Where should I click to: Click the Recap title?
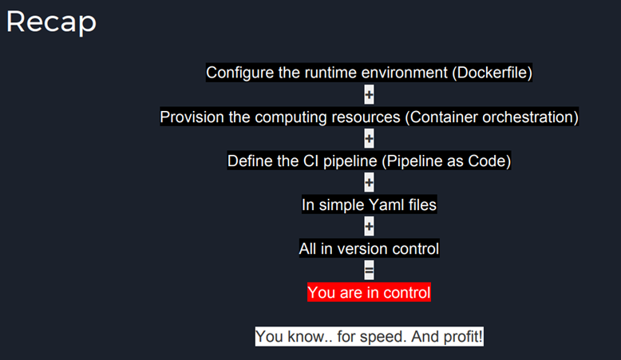pos(52,22)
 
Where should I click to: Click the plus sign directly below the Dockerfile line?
pos(369,95)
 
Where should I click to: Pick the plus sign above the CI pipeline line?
pos(369,139)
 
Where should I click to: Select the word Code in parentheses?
pos(487,161)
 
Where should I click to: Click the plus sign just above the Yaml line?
pos(369,183)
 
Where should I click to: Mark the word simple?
pos(342,206)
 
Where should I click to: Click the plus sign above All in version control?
pos(369,227)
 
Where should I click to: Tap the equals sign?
pos(369,271)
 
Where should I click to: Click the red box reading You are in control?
pos(369,292)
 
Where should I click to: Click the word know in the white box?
pos(306,337)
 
